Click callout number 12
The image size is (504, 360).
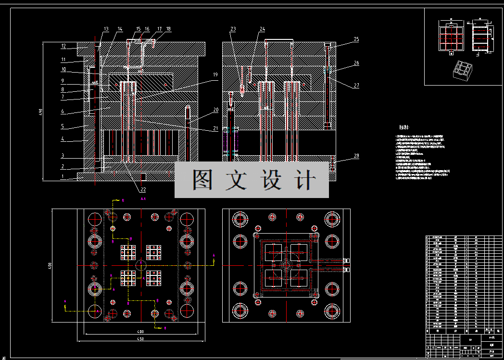click(63, 47)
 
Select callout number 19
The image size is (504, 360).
click(214, 74)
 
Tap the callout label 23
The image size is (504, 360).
click(233, 29)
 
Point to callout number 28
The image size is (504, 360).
click(356, 156)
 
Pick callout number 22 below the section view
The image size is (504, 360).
click(143, 189)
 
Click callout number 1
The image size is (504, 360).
click(63, 176)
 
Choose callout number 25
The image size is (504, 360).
click(356, 39)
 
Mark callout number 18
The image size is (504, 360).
click(168, 29)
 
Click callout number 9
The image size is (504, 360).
click(63, 80)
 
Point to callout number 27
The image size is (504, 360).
click(356, 86)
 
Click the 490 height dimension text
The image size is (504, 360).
click(41, 112)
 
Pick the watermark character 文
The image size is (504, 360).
click(238, 180)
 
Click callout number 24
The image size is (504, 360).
click(262, 29)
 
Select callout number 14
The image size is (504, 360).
click(120, 29)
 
